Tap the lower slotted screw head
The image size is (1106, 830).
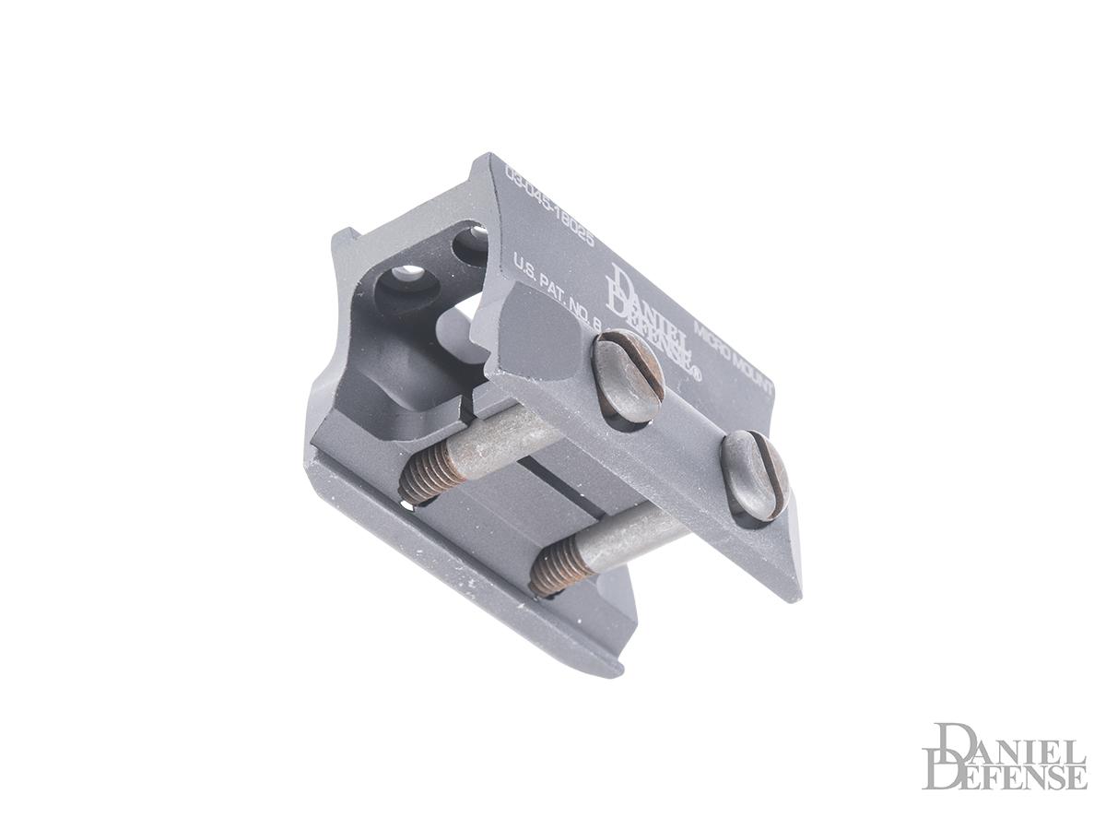755,475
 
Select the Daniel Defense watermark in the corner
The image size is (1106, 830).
1005,756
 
